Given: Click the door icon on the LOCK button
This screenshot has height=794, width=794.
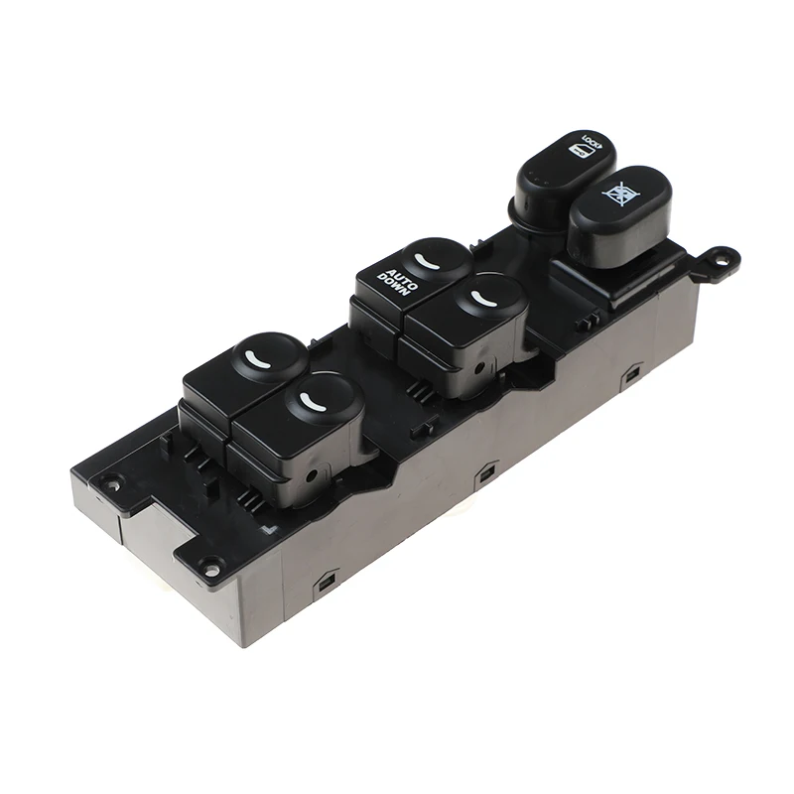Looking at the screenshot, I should [578, 153].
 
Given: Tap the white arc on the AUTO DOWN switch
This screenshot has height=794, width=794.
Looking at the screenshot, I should [427, 260].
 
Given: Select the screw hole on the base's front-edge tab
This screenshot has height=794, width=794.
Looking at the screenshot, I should [209, 567].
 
